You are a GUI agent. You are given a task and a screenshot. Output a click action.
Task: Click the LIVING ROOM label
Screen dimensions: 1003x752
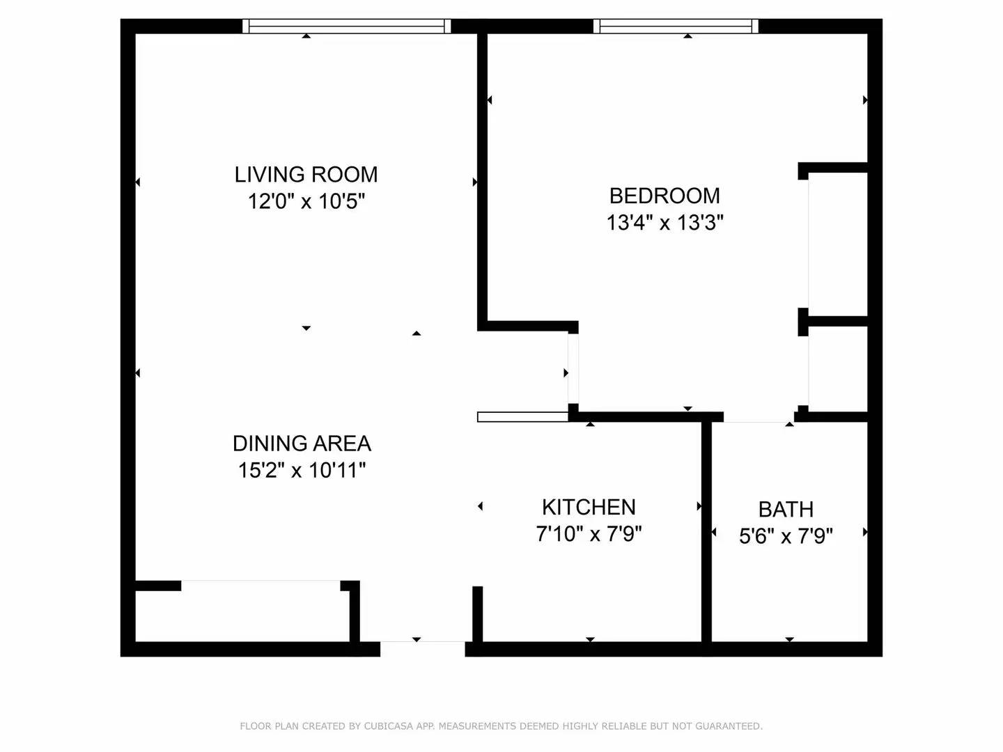pyautogui.click(x=306, y=174)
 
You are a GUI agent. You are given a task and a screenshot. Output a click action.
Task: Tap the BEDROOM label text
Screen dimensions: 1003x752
pyautogui.click(x=664, y=196)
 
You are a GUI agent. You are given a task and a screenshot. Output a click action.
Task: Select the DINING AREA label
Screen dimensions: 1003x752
pyautogui.click(x=302, y=444)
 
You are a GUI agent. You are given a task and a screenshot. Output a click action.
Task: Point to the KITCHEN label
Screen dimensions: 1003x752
pyautogui.click(x=589, y=507)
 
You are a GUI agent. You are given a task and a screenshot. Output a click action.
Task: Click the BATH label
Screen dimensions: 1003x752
pyautogui.click(x=786, y=509)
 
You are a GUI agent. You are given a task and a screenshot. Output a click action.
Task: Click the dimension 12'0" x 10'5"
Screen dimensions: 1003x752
pyautogui.click(x=306, y=201)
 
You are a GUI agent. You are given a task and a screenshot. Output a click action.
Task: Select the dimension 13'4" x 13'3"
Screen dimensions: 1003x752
pyautogui.click(x=664, y=223)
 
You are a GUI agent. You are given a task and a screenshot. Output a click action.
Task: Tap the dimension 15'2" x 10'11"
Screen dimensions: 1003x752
pyautogui.click(x=302, y=470)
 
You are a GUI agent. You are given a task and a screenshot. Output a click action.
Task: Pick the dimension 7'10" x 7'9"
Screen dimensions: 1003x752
pyautogui.click(x=589, y=533)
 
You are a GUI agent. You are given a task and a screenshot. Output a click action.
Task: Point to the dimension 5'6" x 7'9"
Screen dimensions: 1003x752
pyautogui.click(x=786, y=536)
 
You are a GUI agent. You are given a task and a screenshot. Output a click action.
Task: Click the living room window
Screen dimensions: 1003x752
pyautogui.click(x=346, y=26)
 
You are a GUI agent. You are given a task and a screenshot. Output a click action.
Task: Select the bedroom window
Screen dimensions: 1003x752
pyautogui.click(x=676, y=26)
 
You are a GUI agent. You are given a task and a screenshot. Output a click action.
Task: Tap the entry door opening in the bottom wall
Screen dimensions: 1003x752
pyautogui.click(x=423, y=649)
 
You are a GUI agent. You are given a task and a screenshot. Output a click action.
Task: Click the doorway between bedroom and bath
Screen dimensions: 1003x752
pyautogui.click(x=759, y=417)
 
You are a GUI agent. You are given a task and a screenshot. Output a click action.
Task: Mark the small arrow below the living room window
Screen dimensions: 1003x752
pyautogui.click(x=306, y=36)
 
